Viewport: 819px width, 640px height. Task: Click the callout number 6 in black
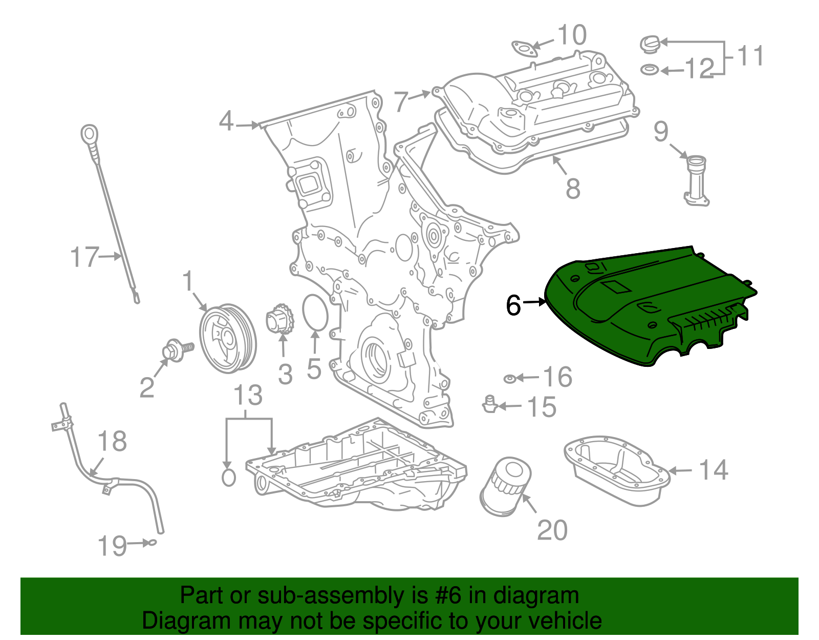[513, 305]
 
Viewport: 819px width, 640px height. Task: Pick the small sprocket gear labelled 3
[280, 320]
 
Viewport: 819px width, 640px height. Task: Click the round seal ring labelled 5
[315, 313]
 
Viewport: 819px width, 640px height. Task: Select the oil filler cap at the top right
[650, 44]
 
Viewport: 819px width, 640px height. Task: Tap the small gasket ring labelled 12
[650, 69]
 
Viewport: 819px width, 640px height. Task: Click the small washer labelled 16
[509, 379]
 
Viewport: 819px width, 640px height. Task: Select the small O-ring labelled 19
[152, 543]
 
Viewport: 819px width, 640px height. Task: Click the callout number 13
[248, 396]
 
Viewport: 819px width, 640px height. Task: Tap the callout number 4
[226, 121]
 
